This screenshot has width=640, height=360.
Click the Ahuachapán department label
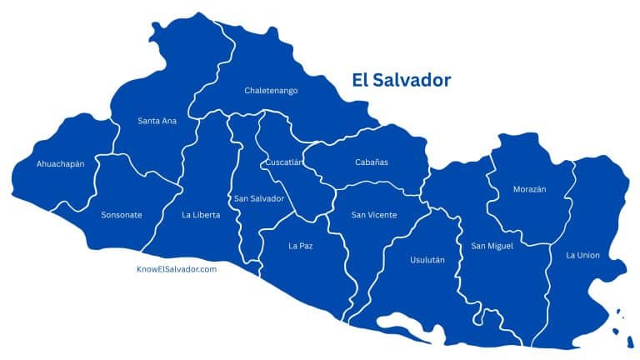click(x=60, y=164)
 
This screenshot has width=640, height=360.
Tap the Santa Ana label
click(x=157, y=121)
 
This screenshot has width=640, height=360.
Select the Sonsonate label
click(x=121, y=215)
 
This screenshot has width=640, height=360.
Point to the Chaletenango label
click(x=271, y=90)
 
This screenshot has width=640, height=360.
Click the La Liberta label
click(x=201, y=215)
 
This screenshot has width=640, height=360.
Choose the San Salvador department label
click(x=259, y=198)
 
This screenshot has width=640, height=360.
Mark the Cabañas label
click(x=371, y=162)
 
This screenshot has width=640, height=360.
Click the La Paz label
click(x=299, y=246)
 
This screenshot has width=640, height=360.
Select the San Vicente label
click(x=373, y=215)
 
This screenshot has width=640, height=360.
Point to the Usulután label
click(x=427, y=260)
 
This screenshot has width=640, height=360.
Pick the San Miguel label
click(x=492, y=246)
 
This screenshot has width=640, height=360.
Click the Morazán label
click(x=529, y=189)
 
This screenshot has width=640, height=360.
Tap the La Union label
click(x=582, y=254)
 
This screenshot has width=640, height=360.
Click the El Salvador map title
click(x=400, y=80)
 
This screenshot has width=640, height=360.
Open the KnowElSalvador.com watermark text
click(x=177, y=269)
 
